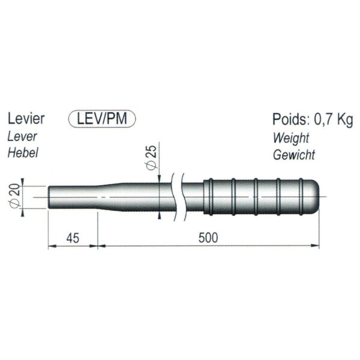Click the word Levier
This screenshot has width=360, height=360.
pyautogui.click(x=26, y=119)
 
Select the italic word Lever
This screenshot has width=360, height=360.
pyautogui.click(x=22, y=137)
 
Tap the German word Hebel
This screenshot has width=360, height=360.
pyautogui.click(x=23, y=152)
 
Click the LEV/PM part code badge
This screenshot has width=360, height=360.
pyautogui.click(x=102, y=119)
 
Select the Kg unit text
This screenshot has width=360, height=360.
pyautogui.click(x=345, y=120)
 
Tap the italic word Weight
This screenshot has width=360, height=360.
pyautogui.click(x=291, y=138)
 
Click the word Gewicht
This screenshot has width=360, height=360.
pyautogui.click(x=294, y=155)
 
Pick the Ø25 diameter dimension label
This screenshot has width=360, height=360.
pyautogui.click(x=152, y=157)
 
